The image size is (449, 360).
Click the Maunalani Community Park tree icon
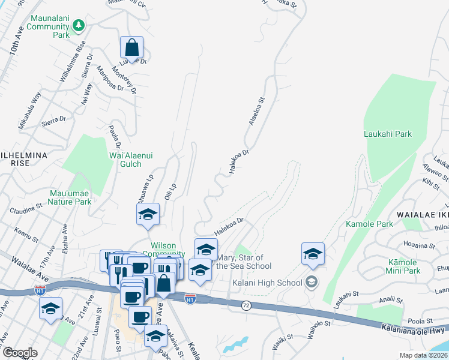click(x=78, y=25)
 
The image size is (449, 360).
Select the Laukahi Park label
click(x=388, y=134)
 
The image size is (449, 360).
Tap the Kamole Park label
click(x=369, y=224)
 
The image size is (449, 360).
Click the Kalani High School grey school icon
click(x=312, y=281)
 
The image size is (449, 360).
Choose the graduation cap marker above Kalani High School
click(x=313, y=254)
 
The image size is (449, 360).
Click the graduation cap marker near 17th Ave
click(x=50, y=309)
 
